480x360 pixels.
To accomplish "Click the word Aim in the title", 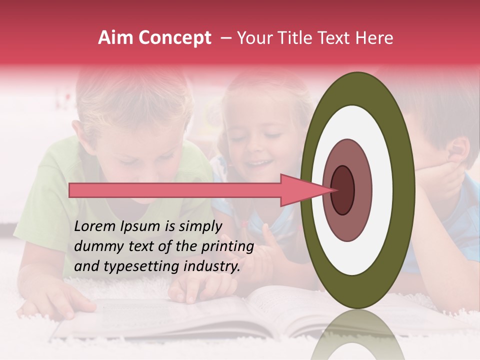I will [116, 38].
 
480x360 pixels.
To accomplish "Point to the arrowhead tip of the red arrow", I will [330, 190].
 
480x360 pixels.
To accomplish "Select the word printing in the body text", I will [227, 247].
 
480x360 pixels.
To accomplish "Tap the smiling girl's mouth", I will [258, 163].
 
